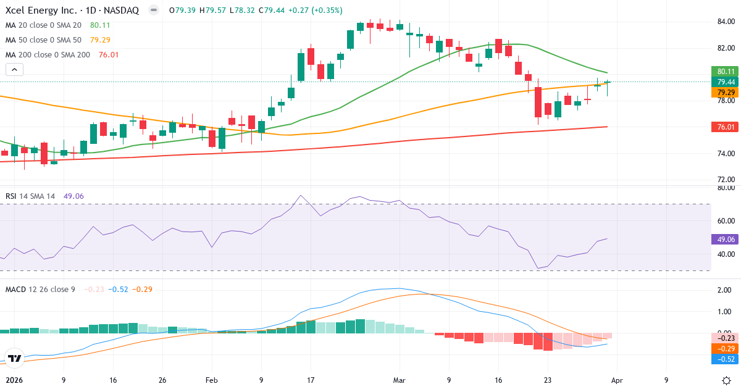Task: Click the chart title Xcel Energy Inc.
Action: point(43,10)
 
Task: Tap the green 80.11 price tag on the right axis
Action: point(726,71)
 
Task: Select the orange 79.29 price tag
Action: point(726,92)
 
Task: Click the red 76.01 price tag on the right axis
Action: point(726,127)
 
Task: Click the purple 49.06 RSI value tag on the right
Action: point(726,238)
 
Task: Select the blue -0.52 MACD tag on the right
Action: point(726,359)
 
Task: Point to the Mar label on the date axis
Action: point(400,380)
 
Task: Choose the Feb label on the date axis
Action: point(212,380)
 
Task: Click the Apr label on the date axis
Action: point(622,380)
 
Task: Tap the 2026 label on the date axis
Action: point(14,380)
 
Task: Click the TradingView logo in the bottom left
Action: point(15,358)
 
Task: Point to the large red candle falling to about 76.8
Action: point(538,102)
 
